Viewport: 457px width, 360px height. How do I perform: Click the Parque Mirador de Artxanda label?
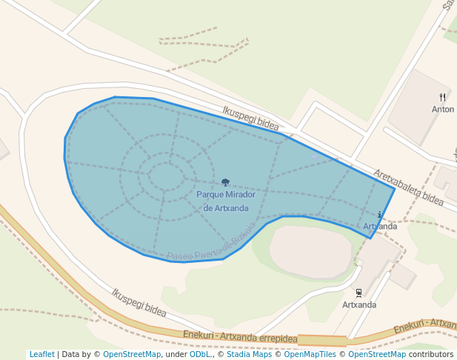(x=226, y=201)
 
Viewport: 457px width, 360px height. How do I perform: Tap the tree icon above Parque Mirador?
(x=225, y=182)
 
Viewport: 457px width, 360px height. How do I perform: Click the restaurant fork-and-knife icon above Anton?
(x=443, y=97)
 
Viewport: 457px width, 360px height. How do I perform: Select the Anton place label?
(x=443, y=110)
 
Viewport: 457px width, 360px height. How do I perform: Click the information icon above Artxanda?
(x=380, y=215)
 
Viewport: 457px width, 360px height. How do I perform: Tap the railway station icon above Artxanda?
(x=359, y=293)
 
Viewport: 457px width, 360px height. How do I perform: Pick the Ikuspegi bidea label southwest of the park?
(x=139, y=301)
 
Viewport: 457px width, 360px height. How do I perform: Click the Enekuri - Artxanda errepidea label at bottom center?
(x=240, y=338)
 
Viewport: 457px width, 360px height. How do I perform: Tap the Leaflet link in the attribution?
(x=42, y=355)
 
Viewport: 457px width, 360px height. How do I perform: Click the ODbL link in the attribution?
(x=200, y=355)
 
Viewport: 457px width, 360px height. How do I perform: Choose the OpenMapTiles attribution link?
(x=307, y=355)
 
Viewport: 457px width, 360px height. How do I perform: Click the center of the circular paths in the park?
(x=166, y=177)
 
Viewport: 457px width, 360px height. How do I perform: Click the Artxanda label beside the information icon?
(x=380, y=226)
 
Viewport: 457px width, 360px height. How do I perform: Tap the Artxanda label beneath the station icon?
(x=359, y=304)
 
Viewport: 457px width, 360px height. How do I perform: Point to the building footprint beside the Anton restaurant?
(x=419, y=107)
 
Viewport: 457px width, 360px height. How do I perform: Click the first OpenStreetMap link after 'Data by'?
(x=132, y=355)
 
